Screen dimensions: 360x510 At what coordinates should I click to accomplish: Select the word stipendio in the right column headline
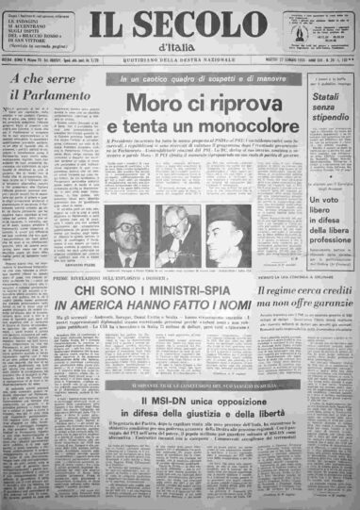pos(315,128)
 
